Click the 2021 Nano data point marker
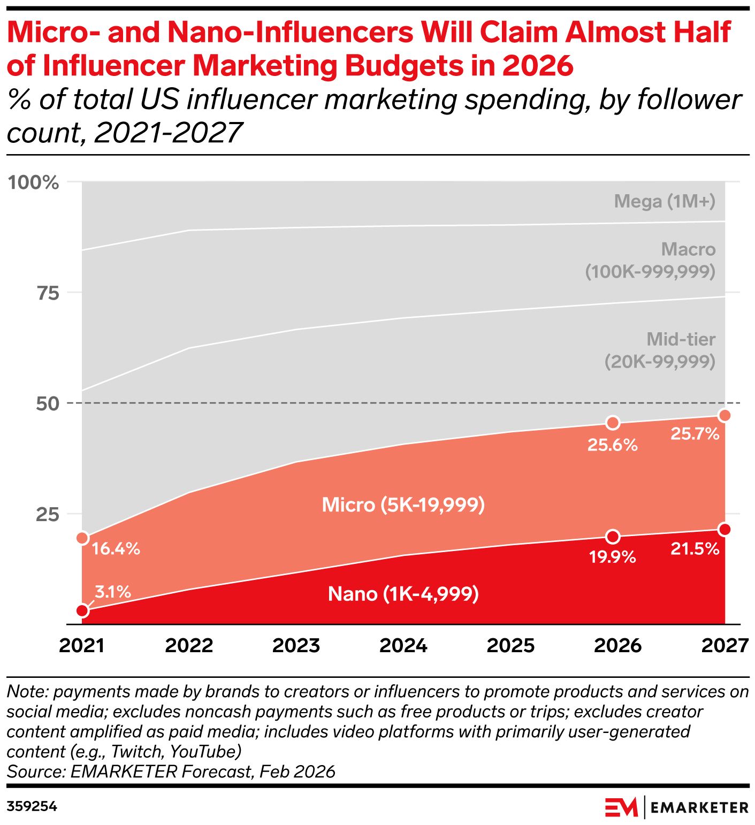point(82,610)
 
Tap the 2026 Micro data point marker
point(613,423)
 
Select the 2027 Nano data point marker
point(725,529)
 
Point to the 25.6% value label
point(612,445)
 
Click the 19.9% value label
point(612,557)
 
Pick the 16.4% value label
point(116,548)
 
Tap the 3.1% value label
point(113,592)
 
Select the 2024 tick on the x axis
point(403,646)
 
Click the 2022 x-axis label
point(189,646)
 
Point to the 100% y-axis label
point(33,182)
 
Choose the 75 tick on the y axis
point(47,293)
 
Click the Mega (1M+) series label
point(665,201)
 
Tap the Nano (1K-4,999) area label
point(403,594)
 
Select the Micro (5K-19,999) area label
point(403,505)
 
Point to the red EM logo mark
point(621,807)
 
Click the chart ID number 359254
point(32,806)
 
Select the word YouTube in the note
point(205,752)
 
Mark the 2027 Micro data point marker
point(725,416)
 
